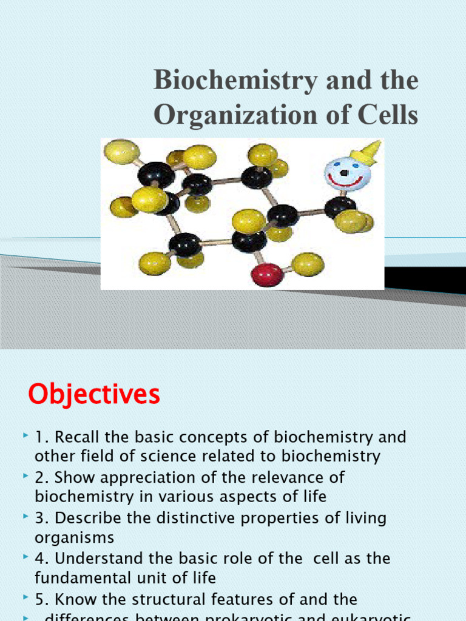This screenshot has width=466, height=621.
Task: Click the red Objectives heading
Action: pyautogui.click(x=94, y=395)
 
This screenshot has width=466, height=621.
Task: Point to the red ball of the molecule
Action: pyautogui.click(x=267, y=274)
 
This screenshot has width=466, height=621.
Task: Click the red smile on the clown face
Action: pyautogui.click(x=346, y=181)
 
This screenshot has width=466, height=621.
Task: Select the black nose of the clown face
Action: pyautogui.click(x=344, y=173)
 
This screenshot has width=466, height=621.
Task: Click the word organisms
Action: pyautogui.click(x=74, y=538)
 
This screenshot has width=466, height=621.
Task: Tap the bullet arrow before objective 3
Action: pyautogui.click(x=25, y=517)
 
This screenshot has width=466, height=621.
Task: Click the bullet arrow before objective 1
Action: pyautogui.click(x=25, y=437)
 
